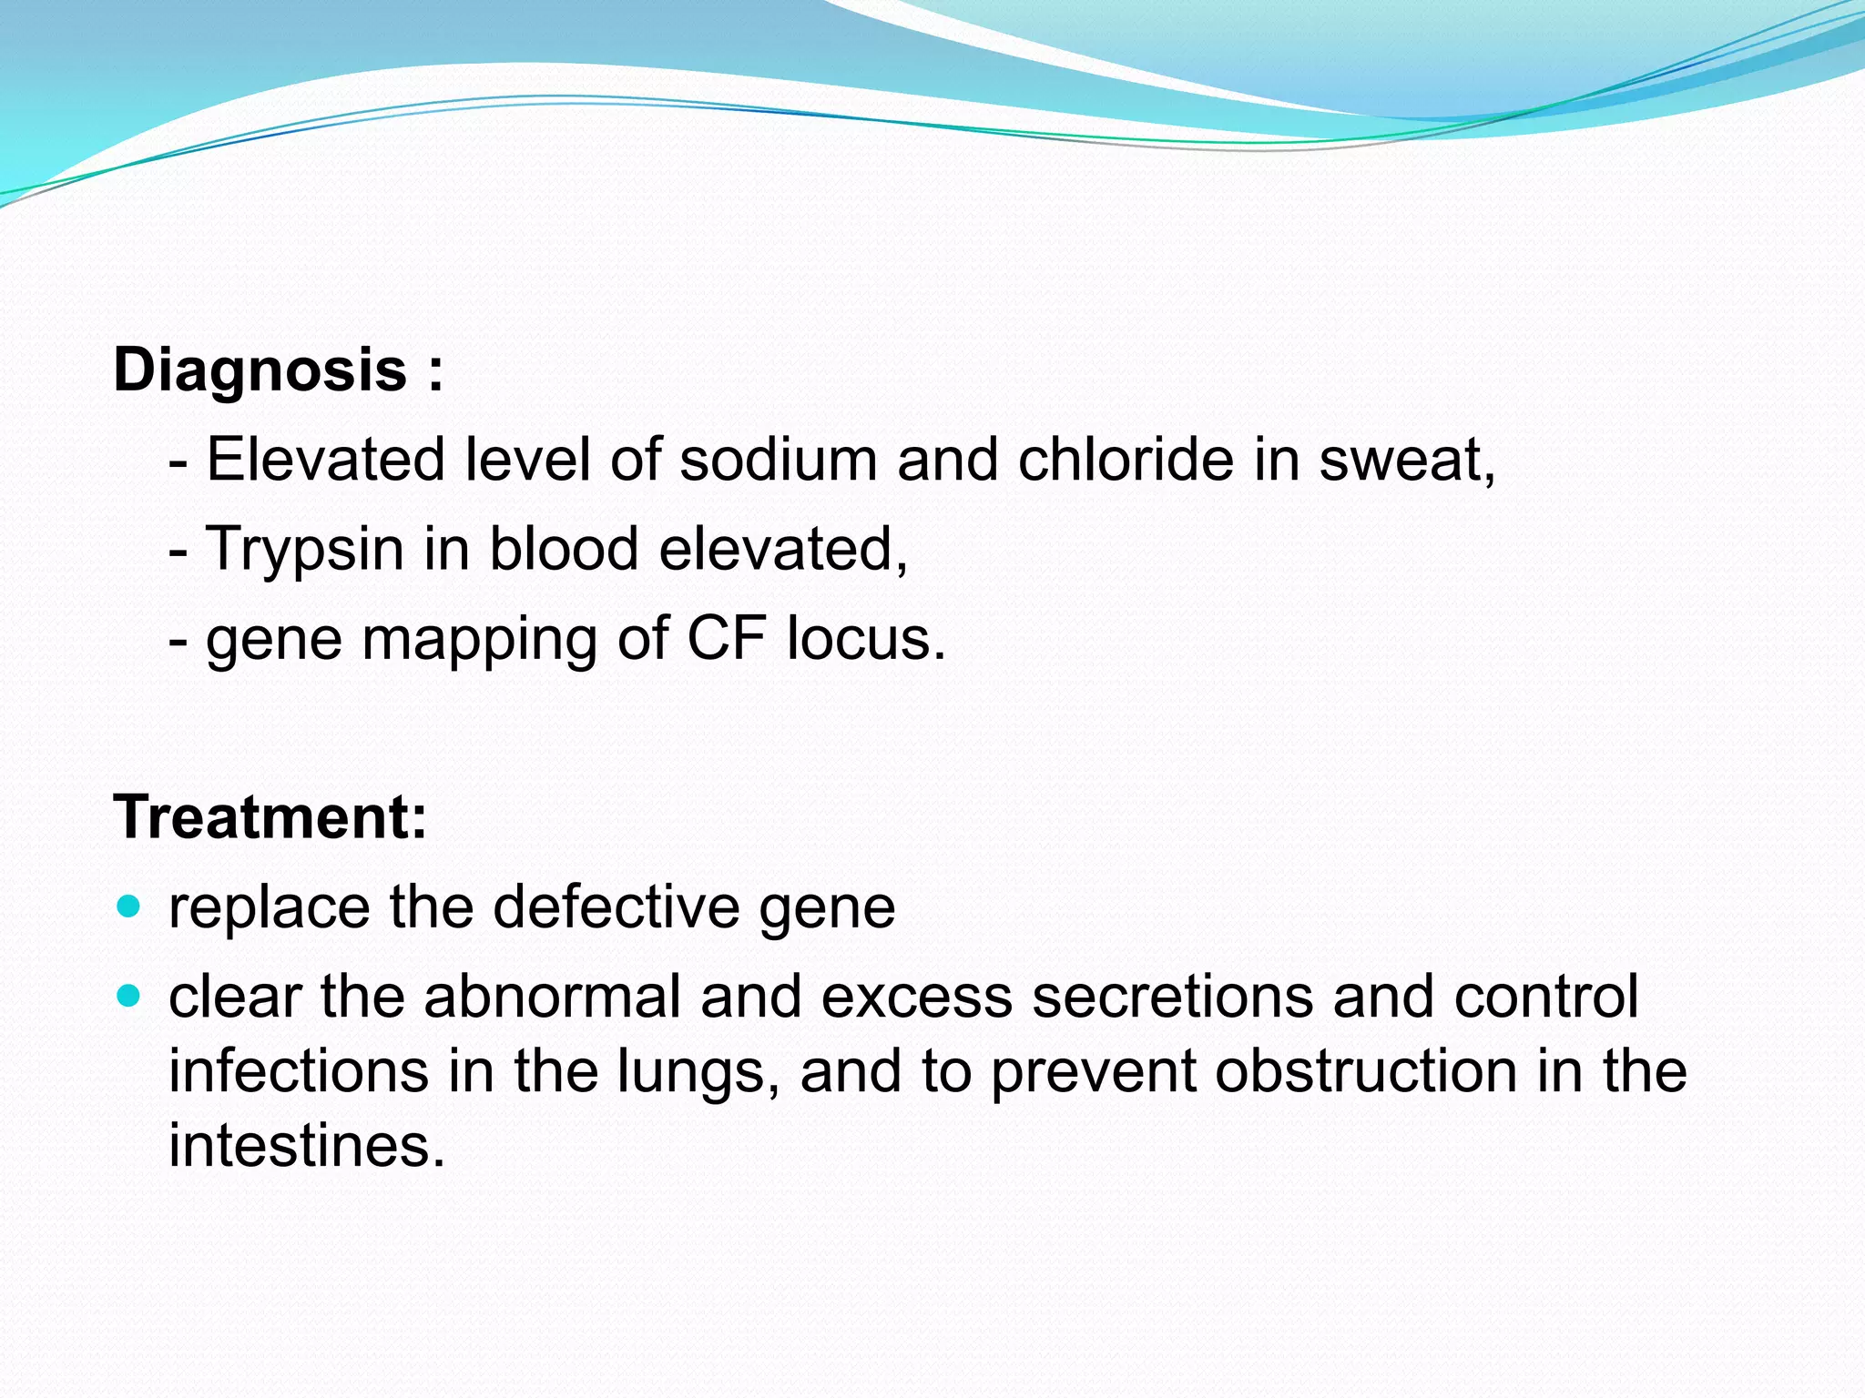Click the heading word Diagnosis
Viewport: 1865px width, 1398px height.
coord(260,371)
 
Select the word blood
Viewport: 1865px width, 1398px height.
coord(564,549)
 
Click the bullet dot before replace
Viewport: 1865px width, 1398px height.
coord(129,907)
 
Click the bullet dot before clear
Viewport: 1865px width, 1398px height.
coord(129,996)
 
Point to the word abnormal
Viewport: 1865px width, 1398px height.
coord(552,996)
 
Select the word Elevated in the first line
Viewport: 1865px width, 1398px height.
coord(325,460)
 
